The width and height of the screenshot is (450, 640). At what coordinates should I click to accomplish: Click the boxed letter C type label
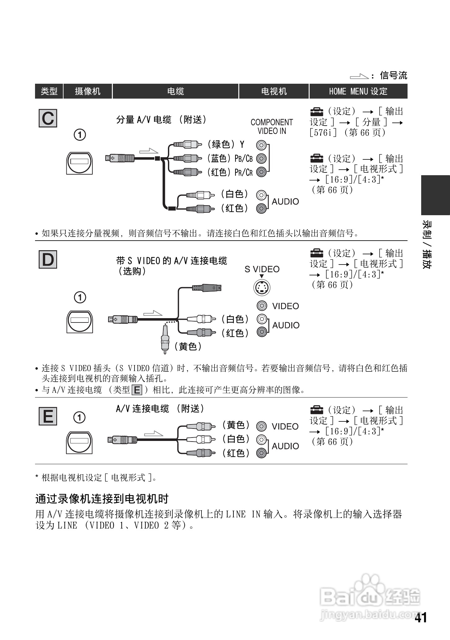click(48, 118)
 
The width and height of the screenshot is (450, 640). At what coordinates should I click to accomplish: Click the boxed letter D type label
click(48, 260)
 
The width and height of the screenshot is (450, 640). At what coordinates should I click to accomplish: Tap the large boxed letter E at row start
click(48, 416)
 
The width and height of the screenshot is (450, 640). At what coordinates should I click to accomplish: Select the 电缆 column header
click(175, 91)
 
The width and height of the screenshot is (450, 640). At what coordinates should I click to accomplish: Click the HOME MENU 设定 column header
click(358, 91)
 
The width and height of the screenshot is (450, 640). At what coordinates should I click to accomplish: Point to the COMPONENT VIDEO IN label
click(271, 127)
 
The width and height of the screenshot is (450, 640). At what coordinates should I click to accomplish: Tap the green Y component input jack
click(261, 145)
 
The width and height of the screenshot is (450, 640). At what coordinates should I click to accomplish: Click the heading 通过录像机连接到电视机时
click(102, 499)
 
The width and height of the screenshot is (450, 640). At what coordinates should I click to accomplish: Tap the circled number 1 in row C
click(80, 135)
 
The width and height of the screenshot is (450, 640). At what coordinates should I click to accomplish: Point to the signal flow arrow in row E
click(154, 433)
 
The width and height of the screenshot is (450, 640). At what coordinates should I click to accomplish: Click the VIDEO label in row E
click(285, 427)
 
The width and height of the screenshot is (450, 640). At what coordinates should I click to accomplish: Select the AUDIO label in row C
click(285, 202)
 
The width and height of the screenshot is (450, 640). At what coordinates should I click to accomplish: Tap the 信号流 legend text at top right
click(393, 75)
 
